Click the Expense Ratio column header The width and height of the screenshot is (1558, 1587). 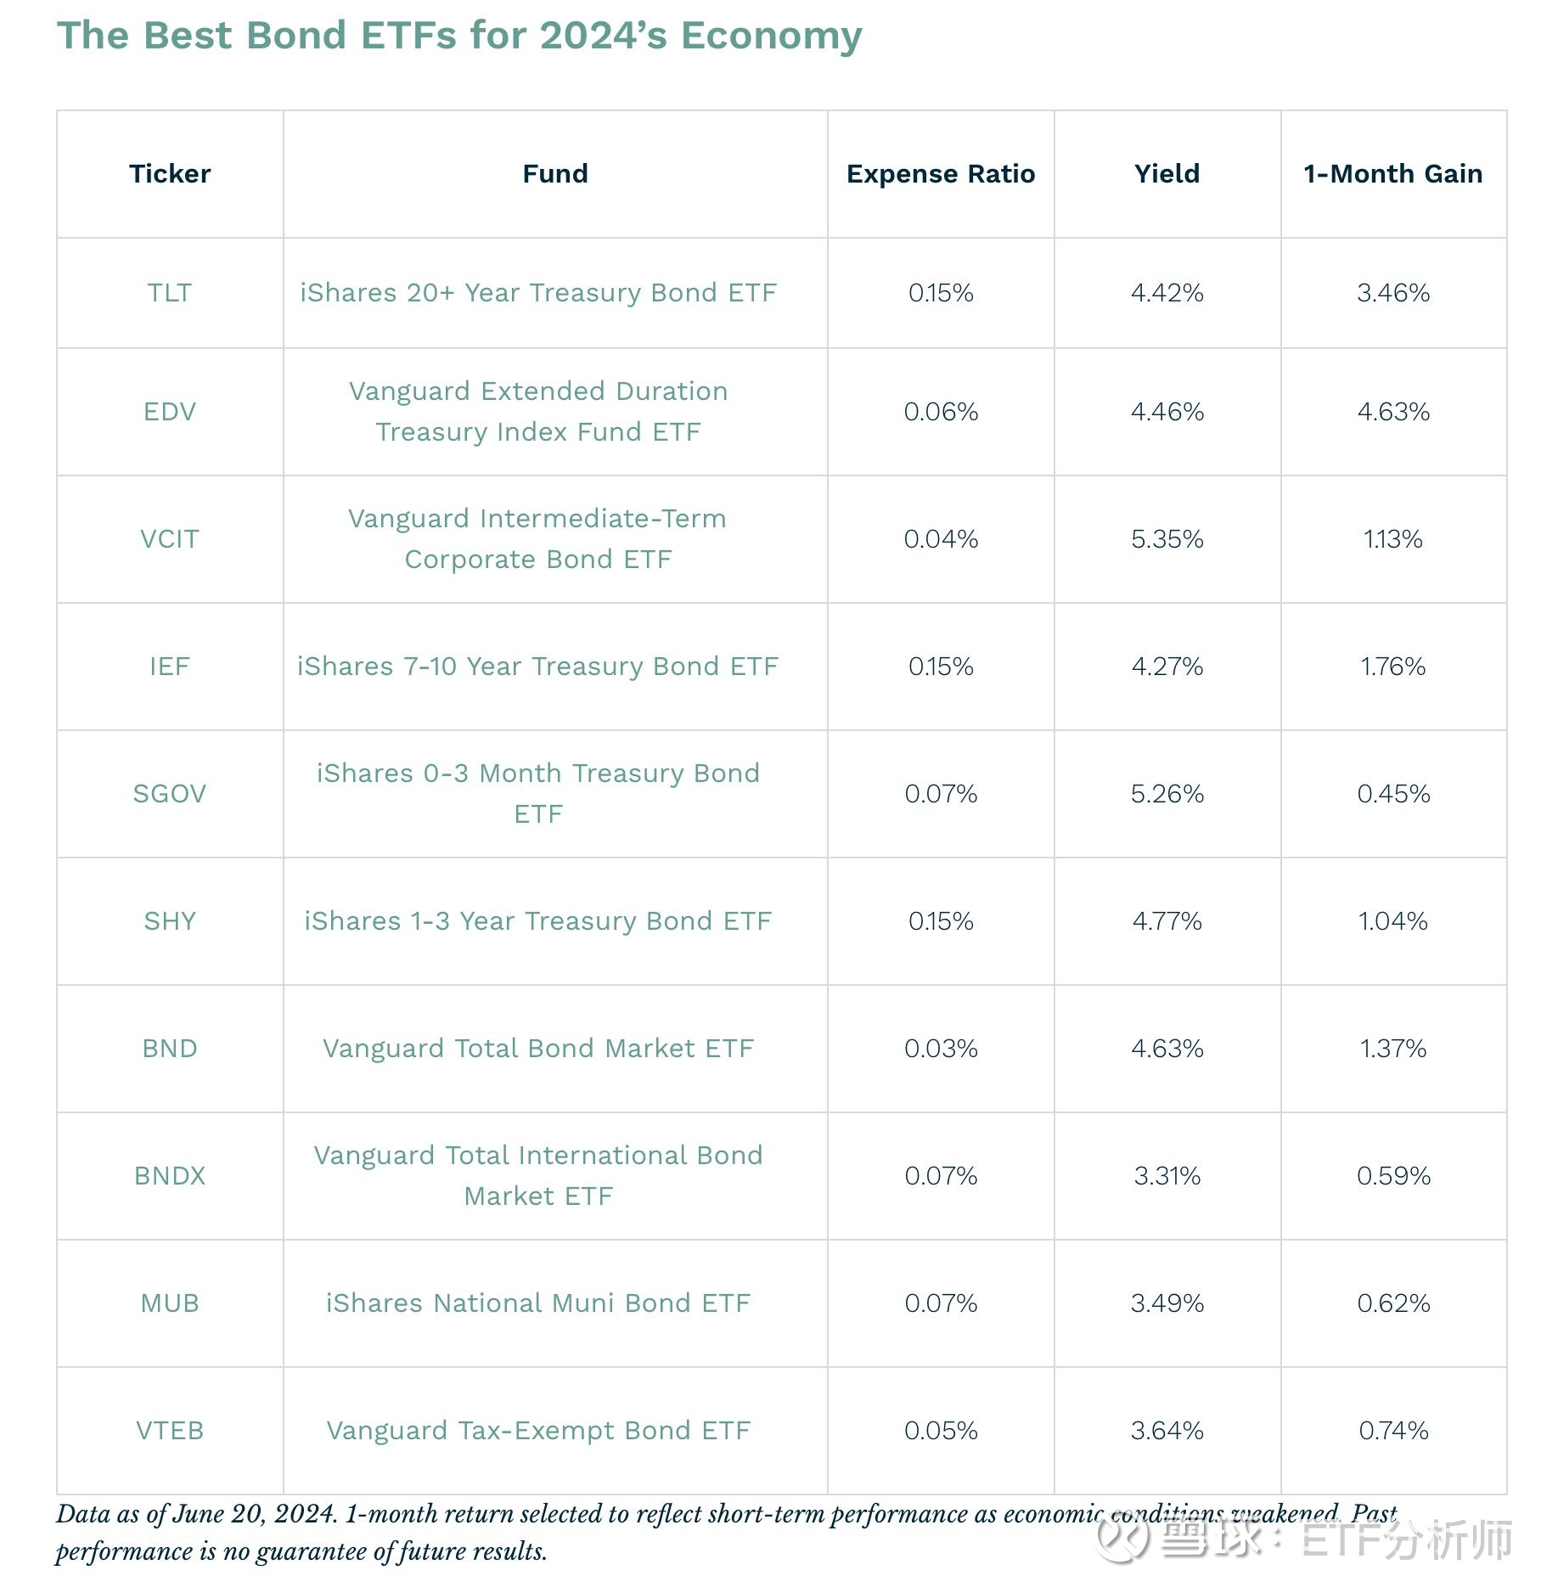(940, 174)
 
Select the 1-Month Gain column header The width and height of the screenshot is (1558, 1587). (1392, 174)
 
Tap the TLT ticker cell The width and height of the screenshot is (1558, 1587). (170, 293)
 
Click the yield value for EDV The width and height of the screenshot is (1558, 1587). (1167, 412)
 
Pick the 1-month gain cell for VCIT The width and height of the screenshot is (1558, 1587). (1392, 539)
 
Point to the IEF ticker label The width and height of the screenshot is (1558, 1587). (170, 667)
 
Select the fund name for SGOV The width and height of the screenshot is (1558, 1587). (538, 793)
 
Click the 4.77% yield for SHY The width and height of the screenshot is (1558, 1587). (1167, 921)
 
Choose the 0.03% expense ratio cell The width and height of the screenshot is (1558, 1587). (940, 1049)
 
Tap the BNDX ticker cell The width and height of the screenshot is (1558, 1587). (170, 1176)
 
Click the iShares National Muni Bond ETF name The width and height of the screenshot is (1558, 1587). (538, 1303)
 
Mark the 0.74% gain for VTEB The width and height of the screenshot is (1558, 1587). (1392, 1431)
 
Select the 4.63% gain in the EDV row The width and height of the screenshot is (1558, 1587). (1392, 412)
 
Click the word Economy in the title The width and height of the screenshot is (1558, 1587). (771, 36)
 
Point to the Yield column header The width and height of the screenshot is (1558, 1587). (1167, 174)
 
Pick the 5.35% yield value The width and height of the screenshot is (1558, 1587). (1167, 539)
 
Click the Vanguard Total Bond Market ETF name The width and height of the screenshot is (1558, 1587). (538, 1049)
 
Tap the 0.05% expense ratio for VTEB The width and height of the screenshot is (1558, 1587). (940, 1431)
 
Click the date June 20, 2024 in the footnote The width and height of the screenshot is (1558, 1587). (255, 1514)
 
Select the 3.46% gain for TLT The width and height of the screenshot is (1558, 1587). (1392, 293)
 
